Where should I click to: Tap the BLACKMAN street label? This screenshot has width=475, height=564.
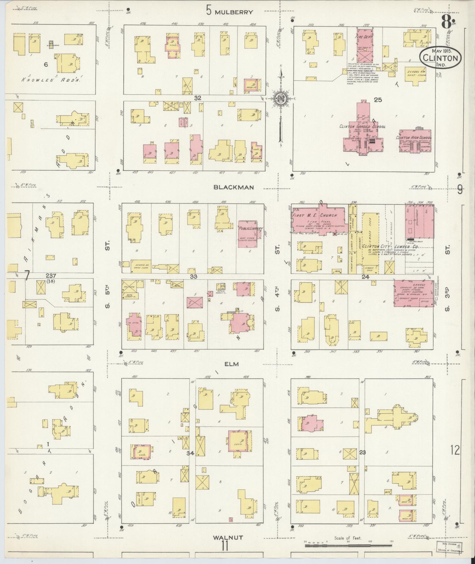pyautogui.click(x=234, y=187)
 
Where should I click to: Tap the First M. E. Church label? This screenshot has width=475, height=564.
pyautogui.click(x=315, y=216)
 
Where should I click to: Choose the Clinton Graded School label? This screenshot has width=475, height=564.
pyautogui.click(x=363, y=127)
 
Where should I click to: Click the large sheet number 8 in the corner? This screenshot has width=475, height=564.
pyautogui.click(x=446, y=21)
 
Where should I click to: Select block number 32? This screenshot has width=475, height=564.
pyautogui.click(x=197, y=98)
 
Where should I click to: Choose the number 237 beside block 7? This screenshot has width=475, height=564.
pyautogui.click(x=51, y=276)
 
